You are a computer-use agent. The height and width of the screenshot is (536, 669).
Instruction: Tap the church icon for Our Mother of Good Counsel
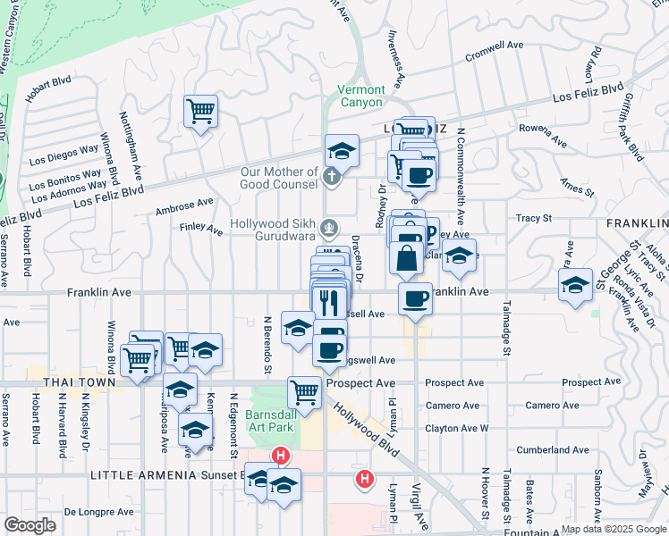[x=331, y=176]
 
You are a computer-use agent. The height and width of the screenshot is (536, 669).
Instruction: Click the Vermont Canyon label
[x=361, y=96]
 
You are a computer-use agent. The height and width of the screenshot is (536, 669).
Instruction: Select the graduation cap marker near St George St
[x=574, y=285]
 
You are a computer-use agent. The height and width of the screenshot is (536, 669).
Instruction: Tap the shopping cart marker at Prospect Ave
[x=305, y=392]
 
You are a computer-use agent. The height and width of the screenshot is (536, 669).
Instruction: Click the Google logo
[x=30, y=525]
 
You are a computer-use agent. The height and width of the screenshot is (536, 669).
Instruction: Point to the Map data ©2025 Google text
[x=614, y=529]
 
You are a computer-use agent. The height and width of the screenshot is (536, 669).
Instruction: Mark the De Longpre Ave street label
[x=98, y=512]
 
